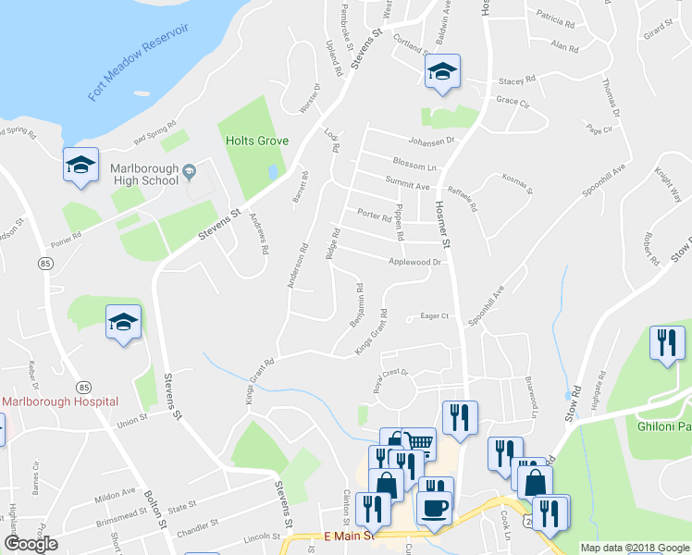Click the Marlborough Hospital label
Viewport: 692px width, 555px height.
[61, 401]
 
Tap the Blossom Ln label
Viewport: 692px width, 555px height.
[414, 167]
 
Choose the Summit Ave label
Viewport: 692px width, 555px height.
[410, 186]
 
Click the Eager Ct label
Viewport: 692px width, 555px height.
[434, 316]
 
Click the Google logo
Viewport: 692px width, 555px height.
[30, 544]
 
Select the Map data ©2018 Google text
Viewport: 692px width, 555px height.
[634, 548]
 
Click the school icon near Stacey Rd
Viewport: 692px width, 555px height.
[443, 72]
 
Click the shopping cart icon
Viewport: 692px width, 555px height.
[419, 442]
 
